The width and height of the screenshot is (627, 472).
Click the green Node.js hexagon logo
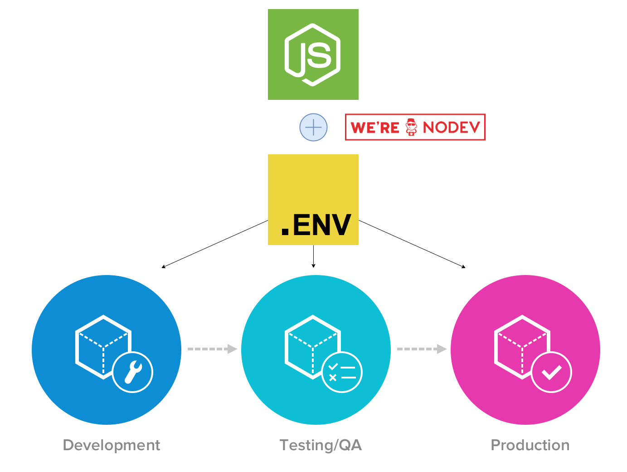coord(313,54)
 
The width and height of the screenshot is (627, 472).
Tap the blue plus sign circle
coord(313,127)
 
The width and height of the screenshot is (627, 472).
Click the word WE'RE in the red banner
coord(375,128)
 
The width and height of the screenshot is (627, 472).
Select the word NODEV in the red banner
coord(451,128)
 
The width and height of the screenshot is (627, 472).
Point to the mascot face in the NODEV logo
coord(411,127)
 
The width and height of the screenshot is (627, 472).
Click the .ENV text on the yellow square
coord(316,225)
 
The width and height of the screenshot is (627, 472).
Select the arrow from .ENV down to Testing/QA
coord(313,256)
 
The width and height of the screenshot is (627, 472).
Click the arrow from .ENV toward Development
coord(214,244)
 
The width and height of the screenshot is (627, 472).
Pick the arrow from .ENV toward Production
coord(412,244)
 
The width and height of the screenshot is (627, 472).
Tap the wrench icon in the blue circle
coord(133,372)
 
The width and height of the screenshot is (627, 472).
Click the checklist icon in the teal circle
coord(342,372)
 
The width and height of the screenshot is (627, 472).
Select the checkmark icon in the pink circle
coord(551,372)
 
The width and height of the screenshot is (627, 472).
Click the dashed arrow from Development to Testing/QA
coord(212,349)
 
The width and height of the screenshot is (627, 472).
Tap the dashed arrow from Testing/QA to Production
coord(422,349)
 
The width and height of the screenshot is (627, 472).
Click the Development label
coord(112,445)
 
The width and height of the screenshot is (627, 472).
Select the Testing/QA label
coord(321,445)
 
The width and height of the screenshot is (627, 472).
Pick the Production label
coord(530,445)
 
